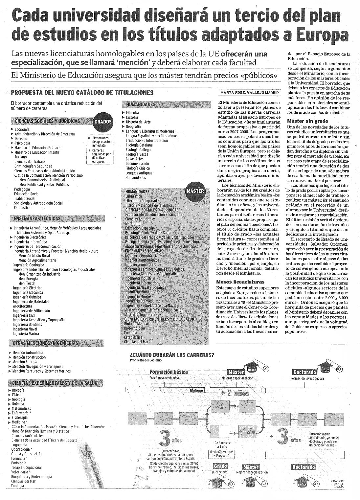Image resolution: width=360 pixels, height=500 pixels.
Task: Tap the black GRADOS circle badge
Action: (103, 122)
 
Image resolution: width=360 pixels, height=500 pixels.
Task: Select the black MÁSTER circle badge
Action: (195, 191)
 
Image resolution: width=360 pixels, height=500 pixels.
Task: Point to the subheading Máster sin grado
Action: (303, 121)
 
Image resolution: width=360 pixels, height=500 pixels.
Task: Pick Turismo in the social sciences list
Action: (21, 157)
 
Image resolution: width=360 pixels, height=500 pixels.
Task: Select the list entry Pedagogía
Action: (22, 189)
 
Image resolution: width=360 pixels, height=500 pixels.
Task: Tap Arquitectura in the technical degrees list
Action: (22, 306)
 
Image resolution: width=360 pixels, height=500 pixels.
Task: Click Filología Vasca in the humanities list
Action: (137, 154)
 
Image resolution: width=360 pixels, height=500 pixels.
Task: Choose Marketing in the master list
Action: (133, 224)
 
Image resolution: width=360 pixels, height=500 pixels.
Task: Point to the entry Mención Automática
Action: (28, 353)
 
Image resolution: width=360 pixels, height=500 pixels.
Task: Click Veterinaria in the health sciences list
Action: (20, 472)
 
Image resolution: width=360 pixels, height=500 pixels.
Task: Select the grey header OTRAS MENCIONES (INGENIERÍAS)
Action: (46, 343)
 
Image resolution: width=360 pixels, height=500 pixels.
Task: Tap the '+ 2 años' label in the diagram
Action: (236, 394)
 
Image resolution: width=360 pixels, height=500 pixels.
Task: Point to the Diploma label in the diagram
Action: (196, 391)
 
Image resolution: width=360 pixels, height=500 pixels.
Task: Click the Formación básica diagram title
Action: (169, 372)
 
